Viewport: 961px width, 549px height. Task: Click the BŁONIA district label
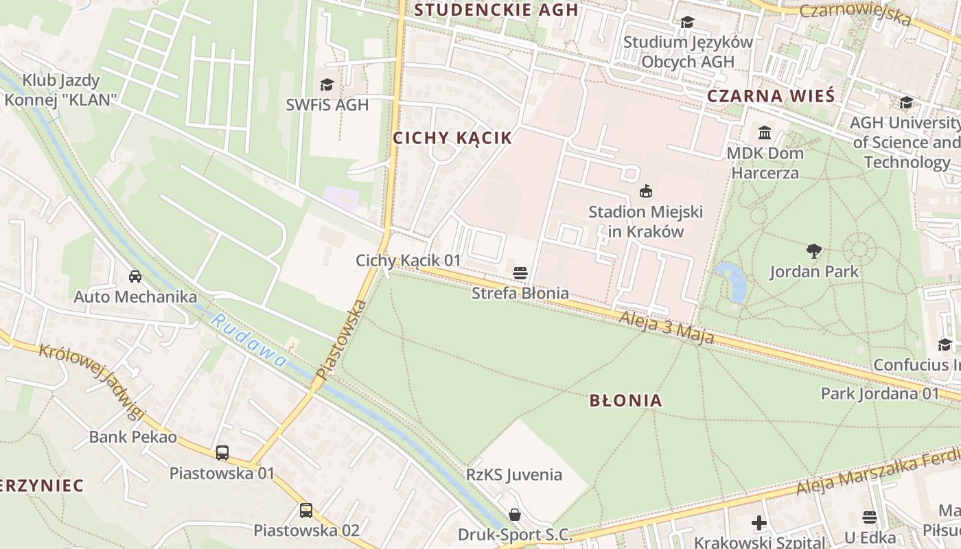[x=625, y=400]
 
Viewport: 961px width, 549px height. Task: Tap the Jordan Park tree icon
[x=814, y=251]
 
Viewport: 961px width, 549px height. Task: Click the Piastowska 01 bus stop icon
[x=222, y=453]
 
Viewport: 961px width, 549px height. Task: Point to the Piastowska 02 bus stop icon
[x=306, y=511]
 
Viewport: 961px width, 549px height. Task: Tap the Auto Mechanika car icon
[x=135, y=277]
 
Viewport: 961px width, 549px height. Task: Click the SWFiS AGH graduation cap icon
[x=327, y=84]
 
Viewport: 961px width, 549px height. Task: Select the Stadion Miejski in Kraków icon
[x=645, y=191]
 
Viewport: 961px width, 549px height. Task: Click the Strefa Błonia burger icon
[x=520, y=272]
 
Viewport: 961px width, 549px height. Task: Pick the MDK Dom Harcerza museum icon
[x=765, y=132]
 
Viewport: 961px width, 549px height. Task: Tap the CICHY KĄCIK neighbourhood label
[x=452, y=138]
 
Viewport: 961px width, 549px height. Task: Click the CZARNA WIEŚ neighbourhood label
[x=770, y=96]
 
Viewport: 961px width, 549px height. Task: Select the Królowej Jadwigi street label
[x=92, y=380]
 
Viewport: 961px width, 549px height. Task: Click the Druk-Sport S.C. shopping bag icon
[x=515, y=515]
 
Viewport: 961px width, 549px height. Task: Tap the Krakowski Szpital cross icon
[x=759, y=523]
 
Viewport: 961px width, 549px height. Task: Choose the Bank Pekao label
[x=133, y=437]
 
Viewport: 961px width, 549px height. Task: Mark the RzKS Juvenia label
[x=513, y=475]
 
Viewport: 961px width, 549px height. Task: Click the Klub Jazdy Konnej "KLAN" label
[x=61, y=90]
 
